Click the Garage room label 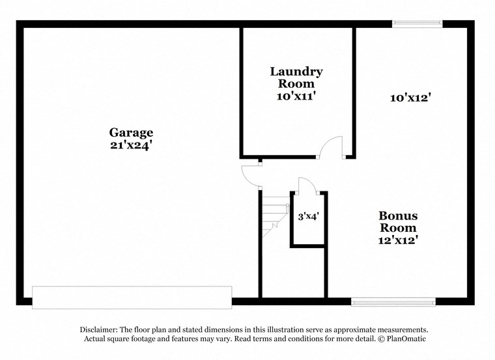[132, 132]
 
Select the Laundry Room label [296, 77]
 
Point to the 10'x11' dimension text [296, 96]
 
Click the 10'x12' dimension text [411, 98]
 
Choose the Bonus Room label [398, 221]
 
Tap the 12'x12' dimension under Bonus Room [398, 240]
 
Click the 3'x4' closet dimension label [308, 215]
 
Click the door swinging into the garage [250, 174]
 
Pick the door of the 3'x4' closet [306, 186]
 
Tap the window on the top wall [417, 24]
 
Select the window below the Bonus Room [393, 301]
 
